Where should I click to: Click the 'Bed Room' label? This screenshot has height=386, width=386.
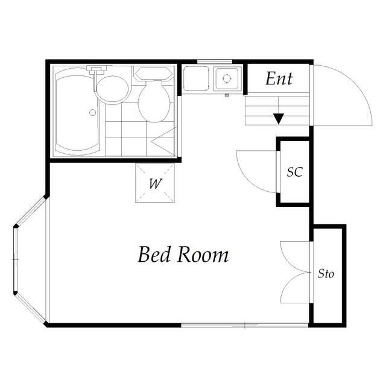183,255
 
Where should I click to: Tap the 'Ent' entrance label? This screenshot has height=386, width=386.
279,78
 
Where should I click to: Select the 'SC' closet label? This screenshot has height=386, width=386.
295,172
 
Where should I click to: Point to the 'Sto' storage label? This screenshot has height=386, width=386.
326,273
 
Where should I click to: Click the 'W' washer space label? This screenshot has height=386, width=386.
156,183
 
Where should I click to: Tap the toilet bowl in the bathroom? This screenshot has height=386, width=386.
154,101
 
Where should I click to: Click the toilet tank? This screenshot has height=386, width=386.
154,74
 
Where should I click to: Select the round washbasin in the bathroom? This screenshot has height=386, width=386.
113,90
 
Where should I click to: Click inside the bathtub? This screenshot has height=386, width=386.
77,112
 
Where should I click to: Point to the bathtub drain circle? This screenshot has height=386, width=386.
92,113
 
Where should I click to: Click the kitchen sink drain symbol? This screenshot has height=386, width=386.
227,78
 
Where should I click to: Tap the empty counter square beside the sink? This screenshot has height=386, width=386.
196,78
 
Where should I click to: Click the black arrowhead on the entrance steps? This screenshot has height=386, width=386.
279,119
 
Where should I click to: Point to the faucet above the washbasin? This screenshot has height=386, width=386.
98,70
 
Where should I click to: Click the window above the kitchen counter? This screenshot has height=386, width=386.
215,62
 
